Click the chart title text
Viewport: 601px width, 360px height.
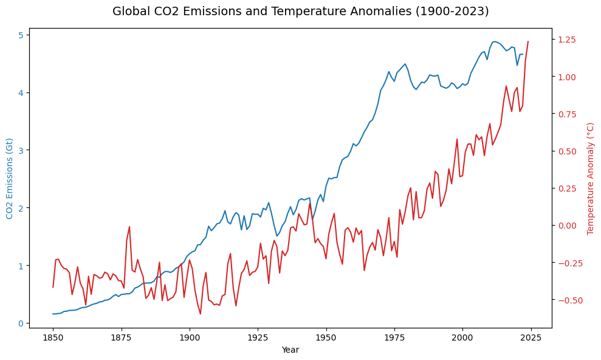[300, 11]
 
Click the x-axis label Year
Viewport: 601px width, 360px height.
[290, 350]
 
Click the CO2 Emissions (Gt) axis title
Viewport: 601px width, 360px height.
[10, 178]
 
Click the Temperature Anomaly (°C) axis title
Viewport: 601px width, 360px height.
[591, 178]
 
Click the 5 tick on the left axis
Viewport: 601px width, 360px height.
[20, 35]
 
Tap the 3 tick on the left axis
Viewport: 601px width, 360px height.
[20, 150]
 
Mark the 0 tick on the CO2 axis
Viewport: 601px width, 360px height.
[20, 324]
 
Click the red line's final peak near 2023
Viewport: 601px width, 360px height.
[528, 41]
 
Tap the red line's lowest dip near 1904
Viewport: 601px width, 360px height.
[201, 314]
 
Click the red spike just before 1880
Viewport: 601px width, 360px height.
[129, 227]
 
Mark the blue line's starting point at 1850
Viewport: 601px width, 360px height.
[53, 314]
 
